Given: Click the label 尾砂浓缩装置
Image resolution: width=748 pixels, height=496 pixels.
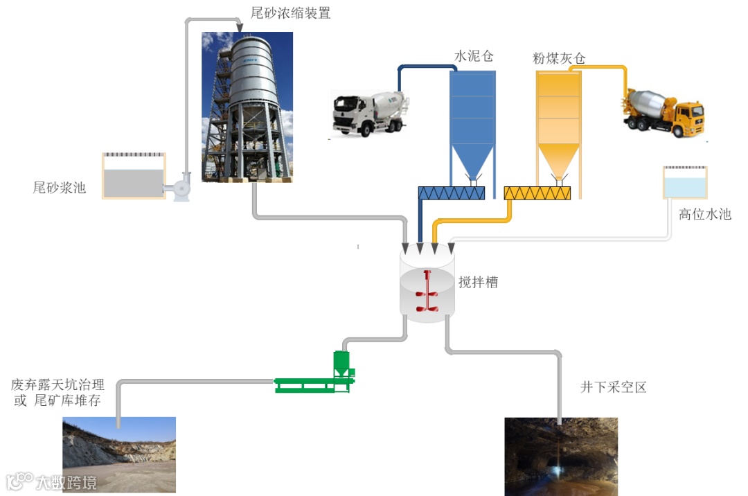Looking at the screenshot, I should click(290, 13).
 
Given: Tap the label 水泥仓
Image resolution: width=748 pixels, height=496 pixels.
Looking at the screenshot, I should click(474, 56).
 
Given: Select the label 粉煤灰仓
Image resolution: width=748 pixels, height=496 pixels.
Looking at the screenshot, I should click(559, 58).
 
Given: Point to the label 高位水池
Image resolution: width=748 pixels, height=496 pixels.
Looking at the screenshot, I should click(704, 214).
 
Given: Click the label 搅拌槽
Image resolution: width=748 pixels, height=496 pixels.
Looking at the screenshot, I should click(478, 282).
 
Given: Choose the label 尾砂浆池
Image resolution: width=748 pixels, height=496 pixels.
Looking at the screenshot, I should click(60, 187).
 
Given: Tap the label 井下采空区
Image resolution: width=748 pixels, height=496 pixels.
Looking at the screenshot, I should click(613, 387).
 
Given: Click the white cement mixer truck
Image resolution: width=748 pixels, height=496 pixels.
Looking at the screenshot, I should click(368, 111).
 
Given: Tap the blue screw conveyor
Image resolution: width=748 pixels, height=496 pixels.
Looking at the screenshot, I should click(452, 193).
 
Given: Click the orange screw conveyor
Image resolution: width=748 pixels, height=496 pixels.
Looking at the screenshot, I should click(537, 193).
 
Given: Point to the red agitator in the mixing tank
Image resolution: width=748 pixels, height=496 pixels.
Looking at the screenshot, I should click(427, 294).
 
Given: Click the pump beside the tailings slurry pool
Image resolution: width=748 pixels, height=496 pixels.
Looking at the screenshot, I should click(180, 186).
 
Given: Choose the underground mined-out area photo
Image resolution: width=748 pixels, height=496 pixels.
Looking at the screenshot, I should click(560, 456).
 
